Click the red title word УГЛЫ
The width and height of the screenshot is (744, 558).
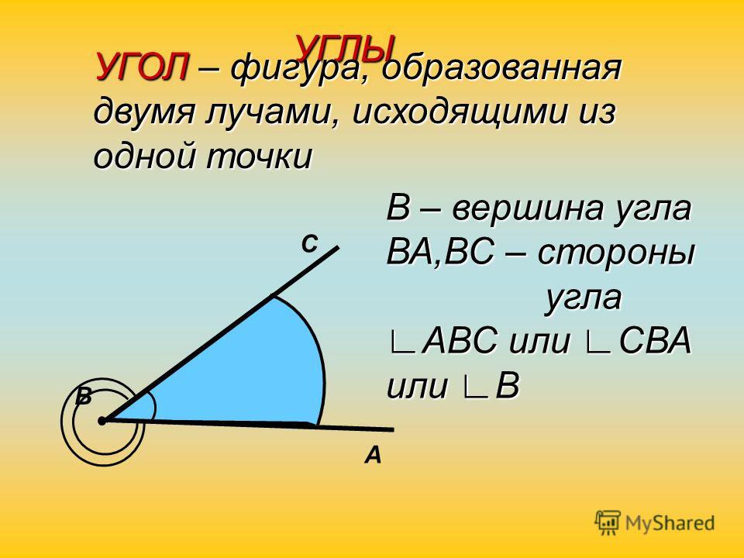tap(346, 47)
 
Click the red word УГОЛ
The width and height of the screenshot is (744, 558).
tap(143, 67)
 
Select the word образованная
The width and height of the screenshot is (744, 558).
tap(501, 68)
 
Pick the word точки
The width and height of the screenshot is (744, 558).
tap(259, 157)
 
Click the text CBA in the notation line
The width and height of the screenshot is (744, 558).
tap(655, 341)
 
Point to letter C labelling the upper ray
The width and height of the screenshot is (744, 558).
tap(309, 245)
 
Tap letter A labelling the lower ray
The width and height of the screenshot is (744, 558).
tap(373, 456)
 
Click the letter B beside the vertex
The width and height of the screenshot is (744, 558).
tap(84, 397)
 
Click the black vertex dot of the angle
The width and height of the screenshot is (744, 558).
tap(102, 421)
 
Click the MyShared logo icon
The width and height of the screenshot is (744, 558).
tap(608, 523)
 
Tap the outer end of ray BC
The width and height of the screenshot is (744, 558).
tap(338, 247)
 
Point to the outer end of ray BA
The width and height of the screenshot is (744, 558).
tap(394, 430)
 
